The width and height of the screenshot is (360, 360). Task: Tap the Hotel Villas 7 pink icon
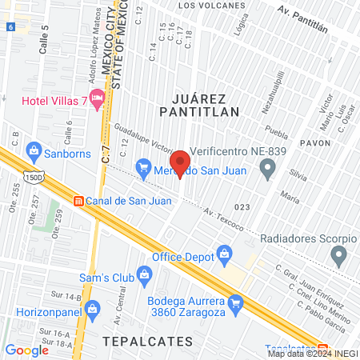98,99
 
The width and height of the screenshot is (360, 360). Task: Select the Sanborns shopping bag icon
34,150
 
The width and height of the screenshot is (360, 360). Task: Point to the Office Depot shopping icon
226,257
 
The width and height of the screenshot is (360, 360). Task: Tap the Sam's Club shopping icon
144,277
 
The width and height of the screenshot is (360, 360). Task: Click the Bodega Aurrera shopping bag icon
235,303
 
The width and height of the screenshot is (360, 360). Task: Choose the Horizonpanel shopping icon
93,307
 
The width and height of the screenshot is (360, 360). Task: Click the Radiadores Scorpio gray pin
339,256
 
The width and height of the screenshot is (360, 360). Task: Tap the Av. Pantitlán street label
303,18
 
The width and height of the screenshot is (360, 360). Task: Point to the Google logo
26,350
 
